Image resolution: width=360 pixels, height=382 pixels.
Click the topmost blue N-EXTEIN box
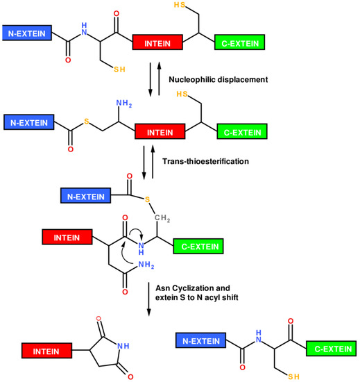27,32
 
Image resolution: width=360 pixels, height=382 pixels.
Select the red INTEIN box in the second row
160,131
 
